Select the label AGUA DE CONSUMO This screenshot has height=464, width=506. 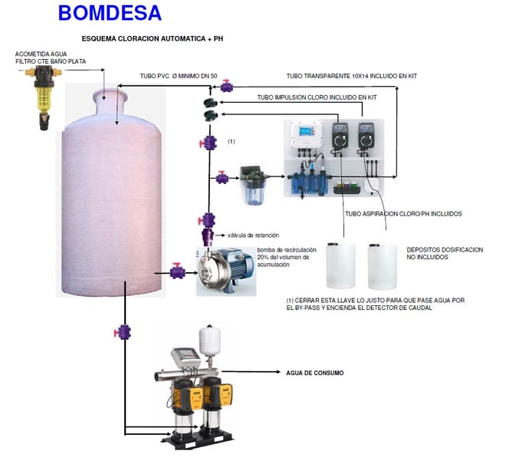coord(314,373)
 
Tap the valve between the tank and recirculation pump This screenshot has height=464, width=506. coord(178,271)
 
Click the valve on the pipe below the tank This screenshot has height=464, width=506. coord(122,332)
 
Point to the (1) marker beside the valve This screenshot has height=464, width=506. coord(232,142)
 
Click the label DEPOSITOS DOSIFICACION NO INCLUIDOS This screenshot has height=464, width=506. coord(445,253)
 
